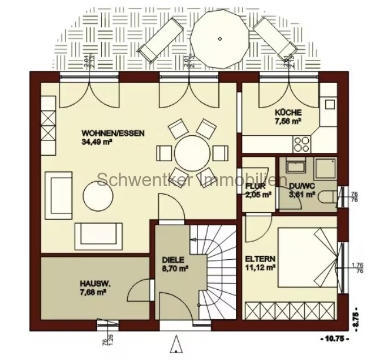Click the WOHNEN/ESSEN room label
tap(113, 134)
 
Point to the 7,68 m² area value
tap(93, 294)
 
